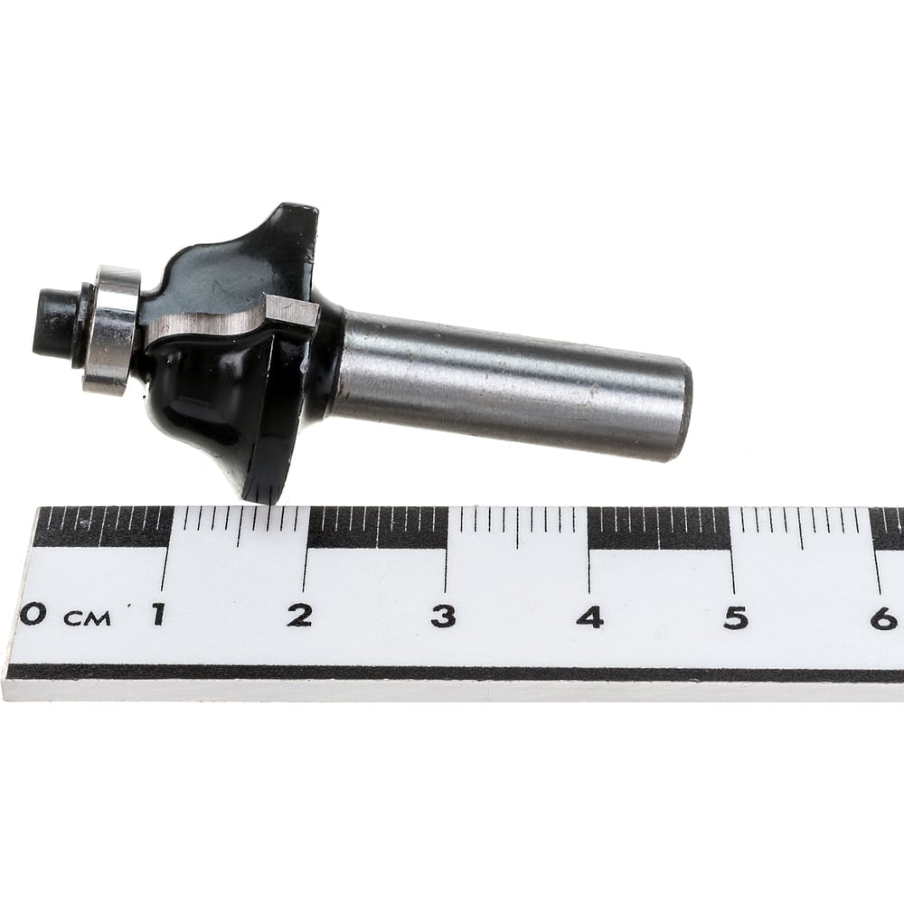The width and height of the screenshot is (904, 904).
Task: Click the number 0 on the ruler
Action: pos(33,614)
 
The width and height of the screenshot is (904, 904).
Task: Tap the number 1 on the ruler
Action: pos(156,614)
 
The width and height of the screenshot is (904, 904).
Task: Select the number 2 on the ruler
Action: pos(300,616)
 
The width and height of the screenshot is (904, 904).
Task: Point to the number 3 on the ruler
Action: pos(444,617)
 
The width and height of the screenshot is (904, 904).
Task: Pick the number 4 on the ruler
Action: pos(590,617)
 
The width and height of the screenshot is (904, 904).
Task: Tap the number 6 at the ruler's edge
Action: pos(883,618)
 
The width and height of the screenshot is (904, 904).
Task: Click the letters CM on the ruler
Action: pos(87,619)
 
